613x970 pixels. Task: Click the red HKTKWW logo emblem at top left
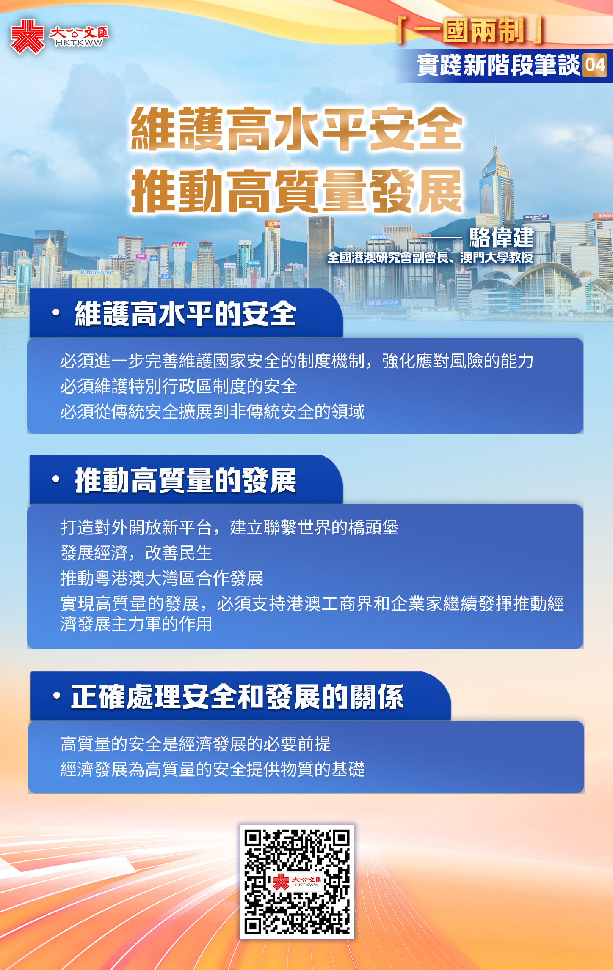tap(28, 37)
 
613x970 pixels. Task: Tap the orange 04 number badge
tap(594, 66)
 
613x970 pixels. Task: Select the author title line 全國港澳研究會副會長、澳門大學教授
tap(430, 257)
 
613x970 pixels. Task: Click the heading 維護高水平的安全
tap(185, 313)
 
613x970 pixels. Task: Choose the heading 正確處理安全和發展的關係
tap(237, 696)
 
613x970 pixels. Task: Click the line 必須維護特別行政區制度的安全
tap(179, 386)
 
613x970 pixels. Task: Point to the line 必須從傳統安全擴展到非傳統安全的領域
tap(213, 411)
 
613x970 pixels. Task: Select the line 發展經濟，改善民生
tap(136, 553)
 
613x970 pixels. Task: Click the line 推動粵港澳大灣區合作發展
tap(162, 578)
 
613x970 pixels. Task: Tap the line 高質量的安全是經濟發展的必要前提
tap(196, 744)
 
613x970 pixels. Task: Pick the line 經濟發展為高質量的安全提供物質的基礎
tap(213, 769)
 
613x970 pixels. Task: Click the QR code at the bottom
tap(297, 882)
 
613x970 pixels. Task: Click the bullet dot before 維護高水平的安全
tap(56, 312)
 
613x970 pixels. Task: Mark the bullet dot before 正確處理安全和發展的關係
tap(57, 696)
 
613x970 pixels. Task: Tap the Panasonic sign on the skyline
tap(97, 272)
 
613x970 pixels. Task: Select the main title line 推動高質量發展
tap(297, 191)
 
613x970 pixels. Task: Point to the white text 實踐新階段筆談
tap(498, 66)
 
